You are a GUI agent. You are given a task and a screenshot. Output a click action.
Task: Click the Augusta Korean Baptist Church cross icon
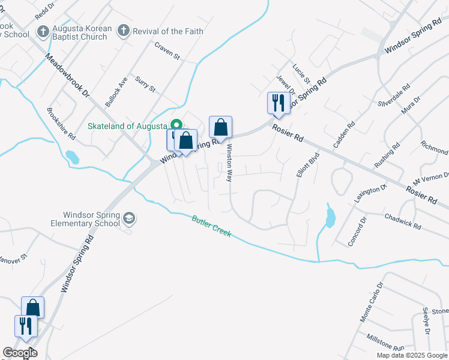[43, 31]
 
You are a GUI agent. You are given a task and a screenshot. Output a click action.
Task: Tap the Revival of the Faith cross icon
[123, 31]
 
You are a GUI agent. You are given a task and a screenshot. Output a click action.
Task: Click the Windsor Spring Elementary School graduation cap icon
[129, 217]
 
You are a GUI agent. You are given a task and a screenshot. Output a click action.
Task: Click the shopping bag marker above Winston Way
[221, 127]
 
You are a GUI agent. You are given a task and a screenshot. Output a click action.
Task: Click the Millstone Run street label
[386, 343]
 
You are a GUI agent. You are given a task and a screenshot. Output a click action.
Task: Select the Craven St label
[167, 51]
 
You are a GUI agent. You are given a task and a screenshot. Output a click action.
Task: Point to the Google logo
[20, 353]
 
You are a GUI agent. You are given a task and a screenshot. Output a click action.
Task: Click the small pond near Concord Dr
[330, 218]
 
